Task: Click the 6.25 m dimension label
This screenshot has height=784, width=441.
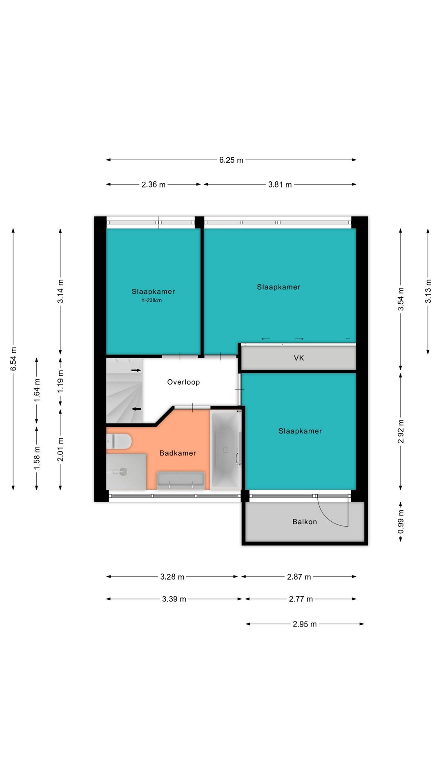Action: pyautogui.click(x=231, y=160)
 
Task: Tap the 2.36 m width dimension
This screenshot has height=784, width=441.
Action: pyautogui.click(x=154, y=185)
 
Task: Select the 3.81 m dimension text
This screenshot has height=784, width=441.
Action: pyautogui.click(x=280, y=185)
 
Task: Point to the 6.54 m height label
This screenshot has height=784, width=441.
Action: pyautogui.click(x=13, y=359)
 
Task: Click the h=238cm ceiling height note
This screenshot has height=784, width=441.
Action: pyautogui.click(x=151, y=301)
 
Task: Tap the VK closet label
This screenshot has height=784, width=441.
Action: pyautogui.click(x=299, y=358)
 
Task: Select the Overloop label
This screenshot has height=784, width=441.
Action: pyautogui.click(x=183, y=382)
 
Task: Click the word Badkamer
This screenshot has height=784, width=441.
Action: pyautogui.click(x=178, y=453)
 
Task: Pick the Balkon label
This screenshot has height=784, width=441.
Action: pyautogui.click(x=305, y=521)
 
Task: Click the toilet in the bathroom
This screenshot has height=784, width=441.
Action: pyautogui.click(x=119, y=441)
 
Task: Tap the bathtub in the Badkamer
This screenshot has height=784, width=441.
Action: pyautogui.click(x=225, y=450)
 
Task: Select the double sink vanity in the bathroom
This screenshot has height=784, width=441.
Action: pyautogui.click(x=180, y=481)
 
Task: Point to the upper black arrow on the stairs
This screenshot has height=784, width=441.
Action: pyautogui.click(x=136, y=370)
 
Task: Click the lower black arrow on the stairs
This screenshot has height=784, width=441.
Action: pyautogui.click(x=136, y=409)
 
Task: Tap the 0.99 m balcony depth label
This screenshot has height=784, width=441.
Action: pyautogui.click(x=401, y=521)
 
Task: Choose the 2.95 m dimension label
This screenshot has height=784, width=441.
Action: pyautogui.click(x=305, y=624)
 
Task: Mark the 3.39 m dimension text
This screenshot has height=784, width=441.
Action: pyautogui.click(x=174, y=599)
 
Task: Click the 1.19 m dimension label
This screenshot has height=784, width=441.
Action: pyautogui.click(x=60, y=381)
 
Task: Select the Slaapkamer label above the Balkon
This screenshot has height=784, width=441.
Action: pyautogui.click(x=300, y=431)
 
